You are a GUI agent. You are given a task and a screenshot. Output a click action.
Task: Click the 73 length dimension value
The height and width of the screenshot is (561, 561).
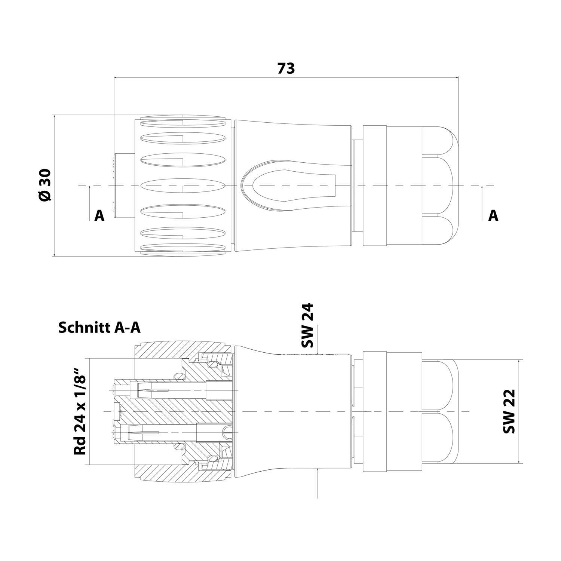pos(286,68)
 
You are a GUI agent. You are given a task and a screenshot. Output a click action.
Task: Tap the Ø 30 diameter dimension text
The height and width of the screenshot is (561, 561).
pos(45,186)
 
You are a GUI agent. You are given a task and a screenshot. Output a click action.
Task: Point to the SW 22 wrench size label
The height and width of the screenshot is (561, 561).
pos(509,411)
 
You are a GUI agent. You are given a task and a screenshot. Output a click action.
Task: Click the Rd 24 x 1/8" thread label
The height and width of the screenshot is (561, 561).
pos(80,411)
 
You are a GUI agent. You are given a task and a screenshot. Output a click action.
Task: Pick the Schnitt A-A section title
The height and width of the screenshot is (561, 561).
pos(99,328)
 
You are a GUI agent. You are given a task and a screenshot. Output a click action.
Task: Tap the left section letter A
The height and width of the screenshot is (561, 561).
pos(99,215)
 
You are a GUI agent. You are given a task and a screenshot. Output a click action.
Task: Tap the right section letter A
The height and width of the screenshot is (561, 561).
pos(493,215)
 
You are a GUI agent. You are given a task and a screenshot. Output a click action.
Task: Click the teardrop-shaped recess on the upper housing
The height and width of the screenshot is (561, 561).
pos(288,186)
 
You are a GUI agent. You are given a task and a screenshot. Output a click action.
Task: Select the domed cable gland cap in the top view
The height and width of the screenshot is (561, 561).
pos(439,186)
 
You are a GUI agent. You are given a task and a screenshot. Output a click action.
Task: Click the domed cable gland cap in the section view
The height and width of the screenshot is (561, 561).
pos(439,411)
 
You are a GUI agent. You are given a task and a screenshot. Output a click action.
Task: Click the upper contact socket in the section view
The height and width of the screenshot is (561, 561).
pos(153,390)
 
